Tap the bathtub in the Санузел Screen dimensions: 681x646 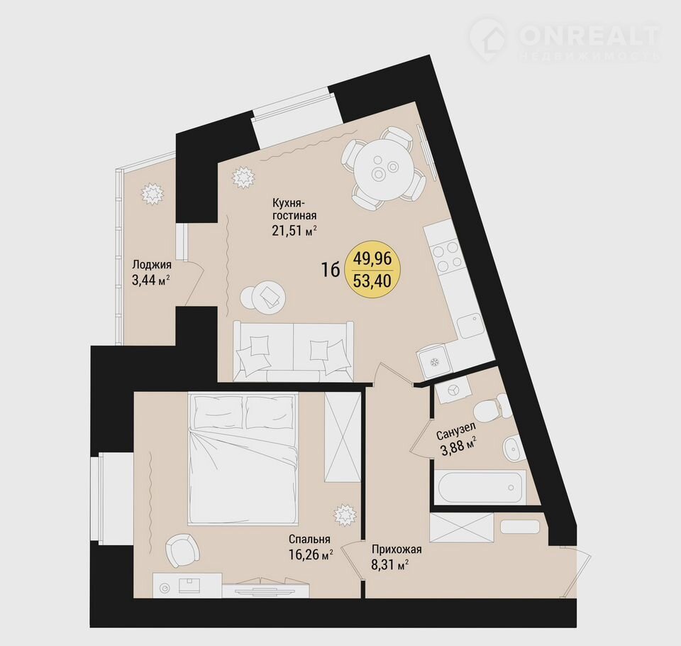click(480, 487)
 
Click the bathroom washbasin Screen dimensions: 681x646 click(512, 447)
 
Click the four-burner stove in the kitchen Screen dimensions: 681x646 click(445, 256)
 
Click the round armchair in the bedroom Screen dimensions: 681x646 click(181, 550)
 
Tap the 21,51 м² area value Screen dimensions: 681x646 click(294, 230)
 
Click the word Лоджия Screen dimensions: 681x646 click(152, 265)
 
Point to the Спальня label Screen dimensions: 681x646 click(309, 540)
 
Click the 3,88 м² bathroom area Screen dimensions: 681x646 click(459, 448)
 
